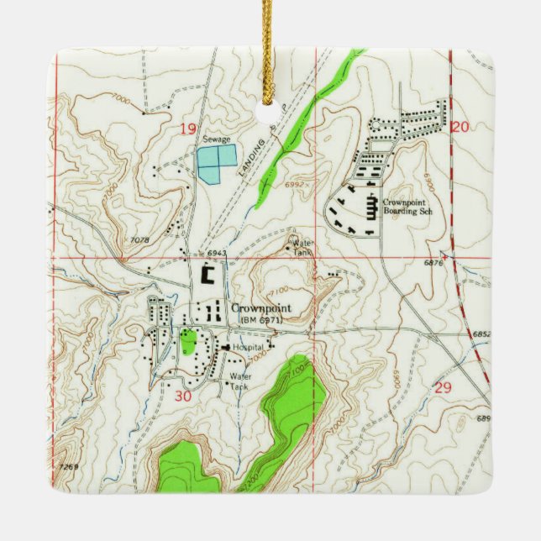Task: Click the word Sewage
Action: (216, 139)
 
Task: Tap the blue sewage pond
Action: (217, 163)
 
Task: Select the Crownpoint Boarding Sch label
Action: (406, 207)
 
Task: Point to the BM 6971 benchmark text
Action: (261, 320)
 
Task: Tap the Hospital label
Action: (249, 347)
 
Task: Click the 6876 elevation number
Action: (433, 263)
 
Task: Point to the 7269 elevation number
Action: (70, 465)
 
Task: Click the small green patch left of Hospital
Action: (188, 341)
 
